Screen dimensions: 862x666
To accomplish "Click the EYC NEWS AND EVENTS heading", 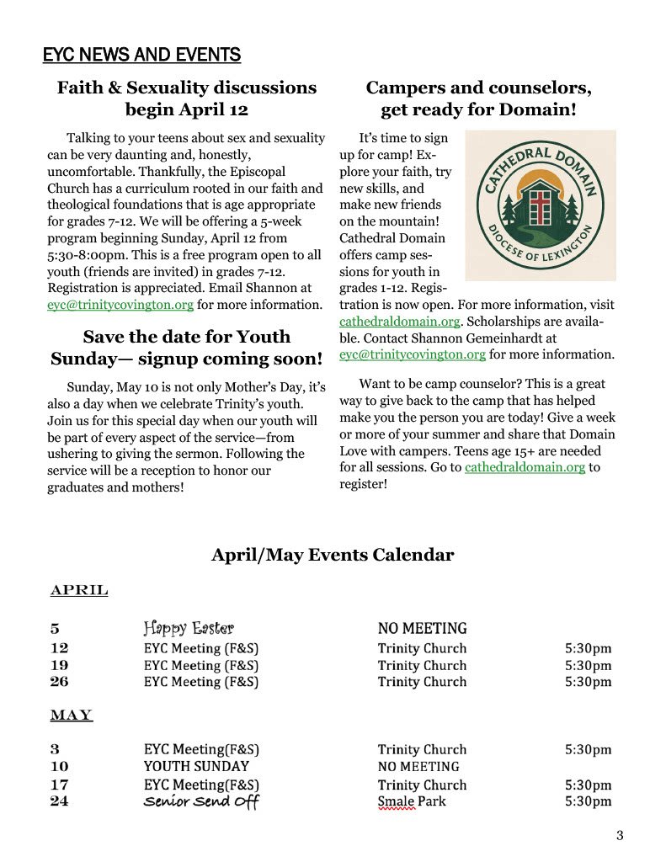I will [141, 56].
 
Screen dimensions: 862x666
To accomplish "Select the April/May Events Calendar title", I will [333, 555].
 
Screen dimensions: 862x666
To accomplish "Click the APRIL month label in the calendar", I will [79, 590].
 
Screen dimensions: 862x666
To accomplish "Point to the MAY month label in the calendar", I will [72, 716].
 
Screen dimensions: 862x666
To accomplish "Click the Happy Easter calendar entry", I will [189, 628].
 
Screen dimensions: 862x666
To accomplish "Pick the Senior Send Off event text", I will [200, 801].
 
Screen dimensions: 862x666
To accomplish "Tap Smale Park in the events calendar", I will [412, 801].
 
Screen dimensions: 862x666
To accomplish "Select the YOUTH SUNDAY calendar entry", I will [196, 767].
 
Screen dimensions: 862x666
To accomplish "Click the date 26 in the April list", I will [59, 682].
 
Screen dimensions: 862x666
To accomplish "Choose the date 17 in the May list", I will [59, 785].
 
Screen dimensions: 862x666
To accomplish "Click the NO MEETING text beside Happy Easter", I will [422, 628].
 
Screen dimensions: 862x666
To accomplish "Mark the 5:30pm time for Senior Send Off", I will [588, 801].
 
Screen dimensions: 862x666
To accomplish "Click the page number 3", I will [620, 835].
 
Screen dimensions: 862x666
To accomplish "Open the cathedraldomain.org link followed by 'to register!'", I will [525, 467].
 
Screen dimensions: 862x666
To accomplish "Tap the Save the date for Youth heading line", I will [186, 337].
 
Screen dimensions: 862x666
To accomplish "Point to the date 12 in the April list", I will [59, 648].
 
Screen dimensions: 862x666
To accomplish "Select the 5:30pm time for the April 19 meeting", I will [588, 665].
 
